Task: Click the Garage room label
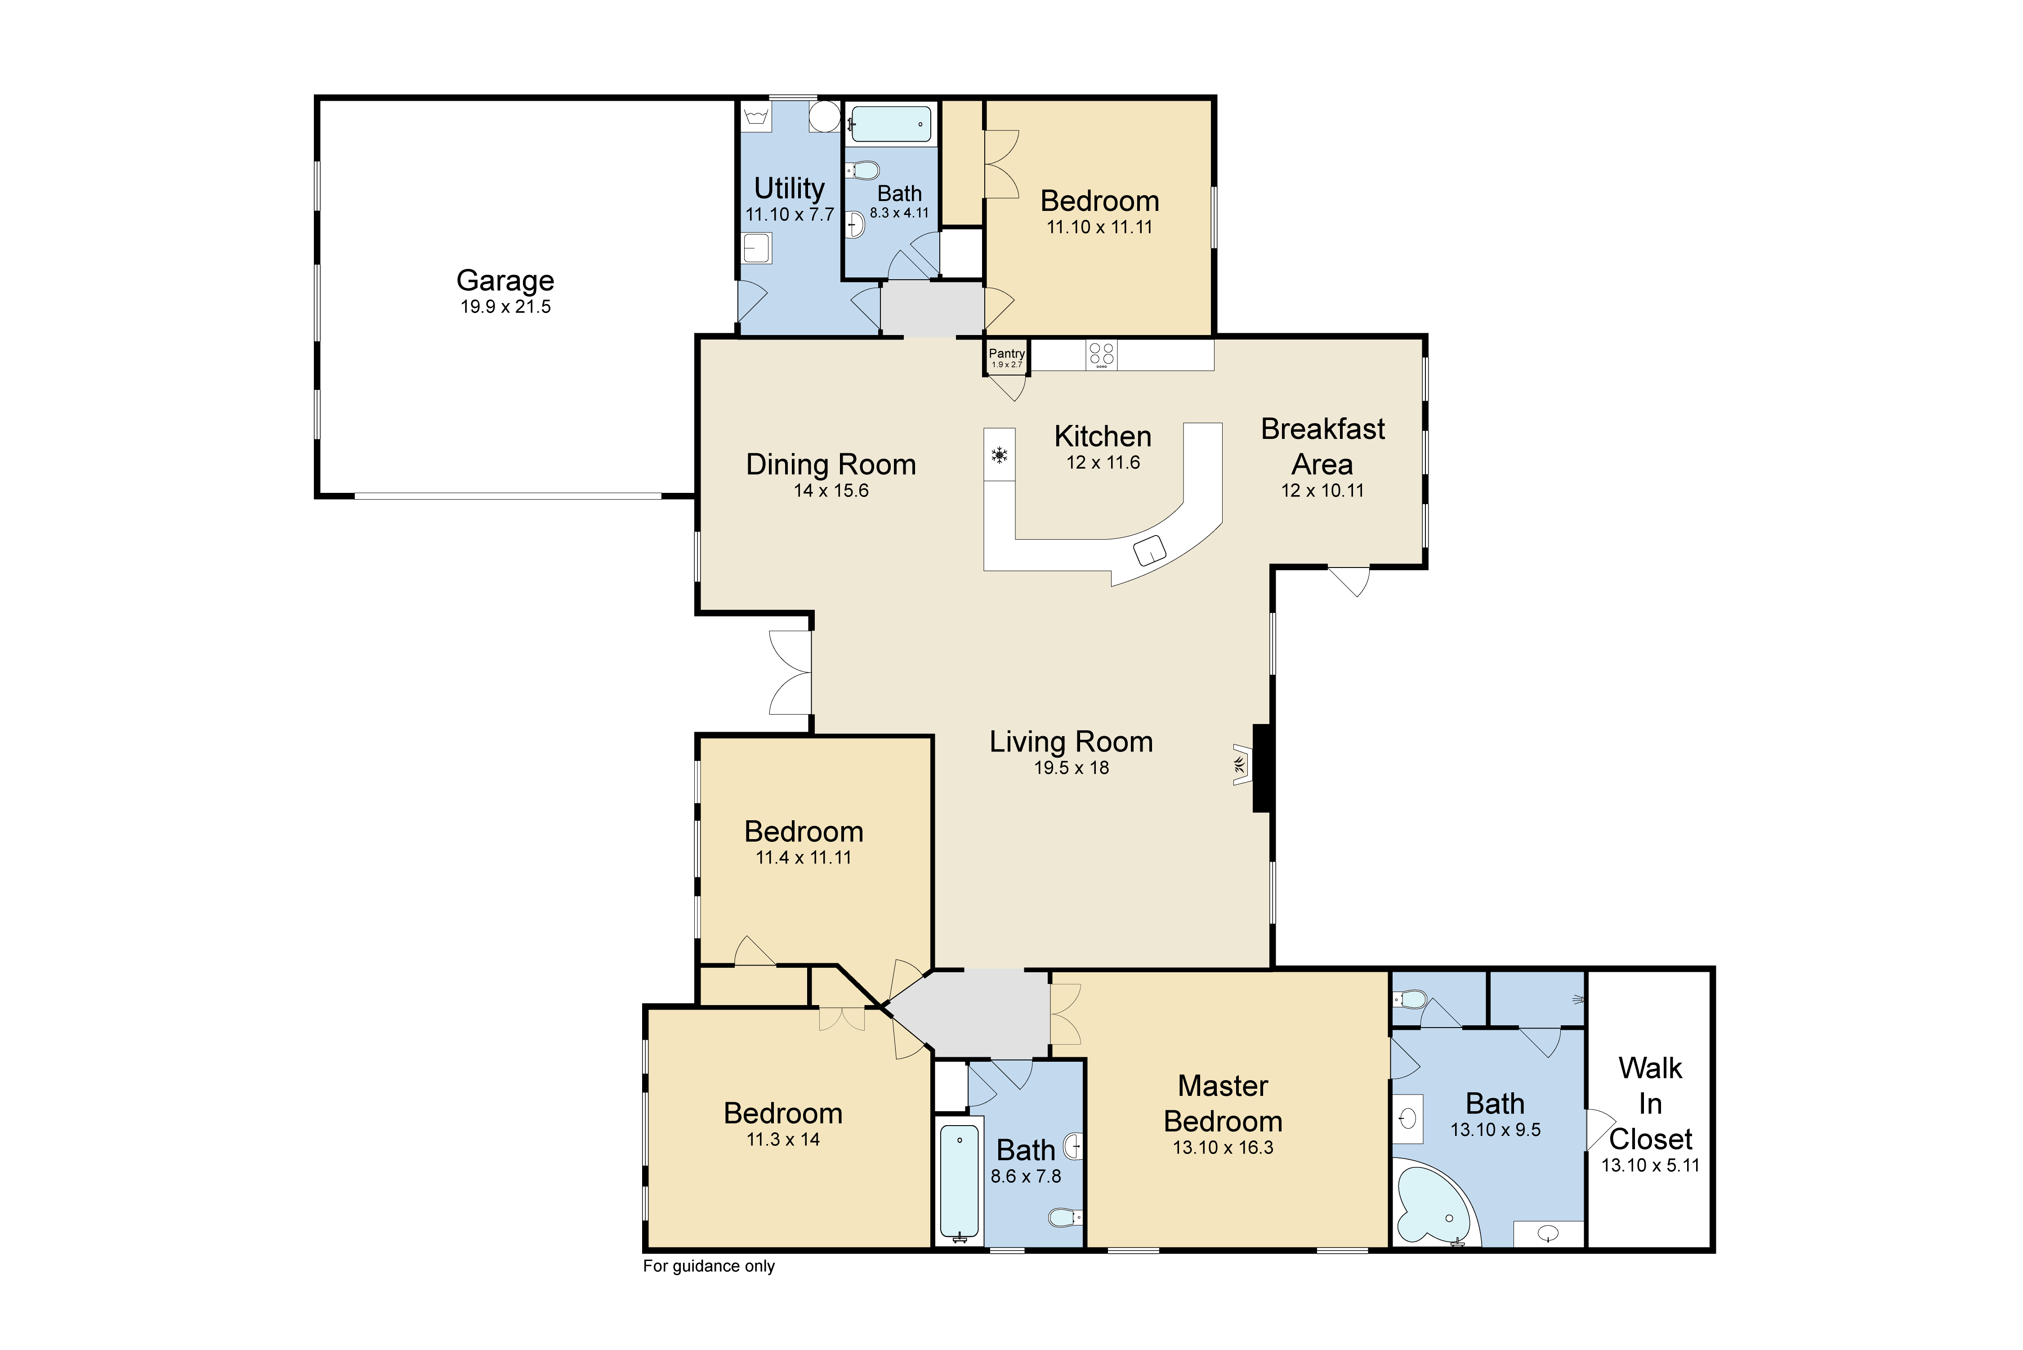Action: (x=505, y=281)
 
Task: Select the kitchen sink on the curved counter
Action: (x=1150, y=549)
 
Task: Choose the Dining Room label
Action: (x=831, y=465)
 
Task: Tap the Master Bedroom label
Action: (x=1223, y=1104)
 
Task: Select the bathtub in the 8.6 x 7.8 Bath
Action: (x=959, y=1181)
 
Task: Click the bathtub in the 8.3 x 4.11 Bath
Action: (x=890, y=124)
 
